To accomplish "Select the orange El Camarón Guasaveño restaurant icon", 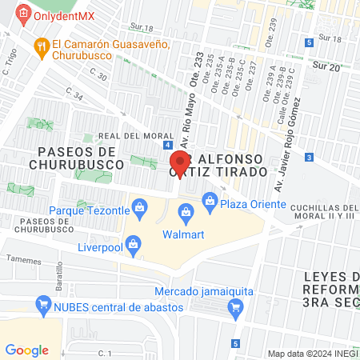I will click(x=40, y=46).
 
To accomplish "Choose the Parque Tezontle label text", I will click(x=89, y=210).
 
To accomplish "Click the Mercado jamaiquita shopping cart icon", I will click(x=235, y=306).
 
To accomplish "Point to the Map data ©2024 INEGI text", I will click(x=312, y=354).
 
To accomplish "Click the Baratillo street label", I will click(x=60, y=278).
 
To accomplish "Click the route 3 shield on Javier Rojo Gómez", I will click(x=309, y=158).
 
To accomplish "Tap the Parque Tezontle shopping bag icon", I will click(x=140, y=210).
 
